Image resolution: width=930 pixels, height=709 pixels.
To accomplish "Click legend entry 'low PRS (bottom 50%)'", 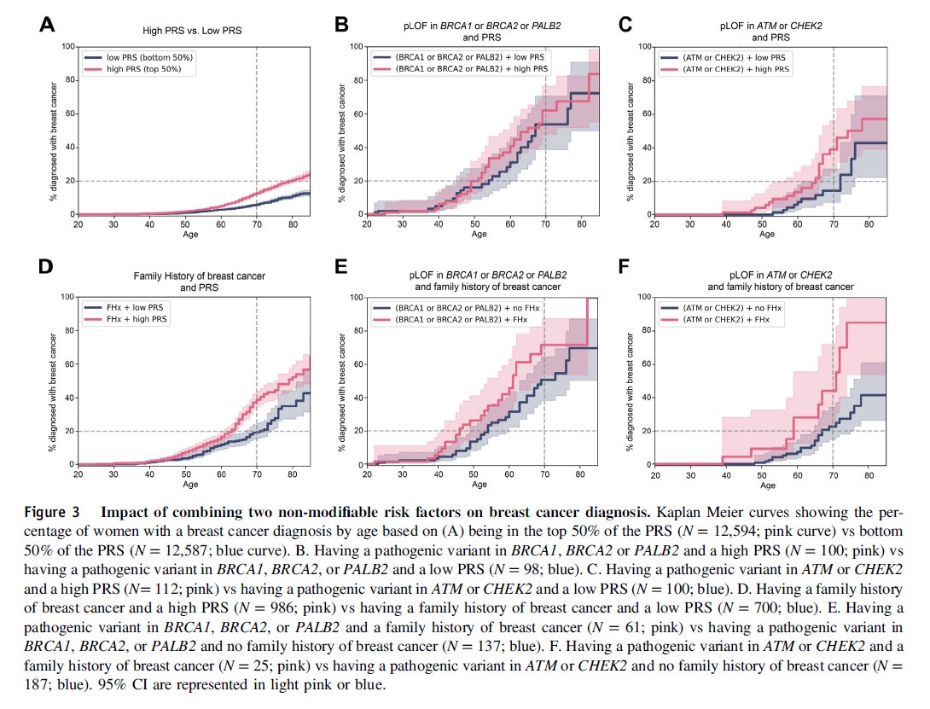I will pos(148,57).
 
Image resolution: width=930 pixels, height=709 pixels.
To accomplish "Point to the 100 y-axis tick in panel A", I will pos(67,45).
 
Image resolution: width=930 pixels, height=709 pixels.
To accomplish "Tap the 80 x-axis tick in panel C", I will pos(869,224).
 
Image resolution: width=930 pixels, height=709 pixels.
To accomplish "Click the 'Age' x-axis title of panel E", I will pos(480,485).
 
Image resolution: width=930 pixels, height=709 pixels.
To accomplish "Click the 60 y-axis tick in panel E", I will pos(359,363).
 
